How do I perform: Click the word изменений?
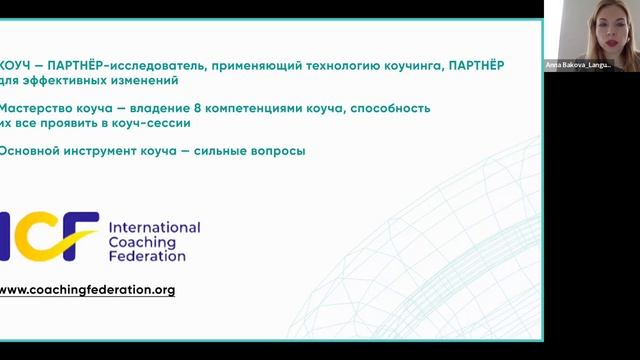145,80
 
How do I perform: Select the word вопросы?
281,151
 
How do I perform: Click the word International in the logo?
153,227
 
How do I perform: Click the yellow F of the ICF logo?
81,236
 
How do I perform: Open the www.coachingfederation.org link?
87,290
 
